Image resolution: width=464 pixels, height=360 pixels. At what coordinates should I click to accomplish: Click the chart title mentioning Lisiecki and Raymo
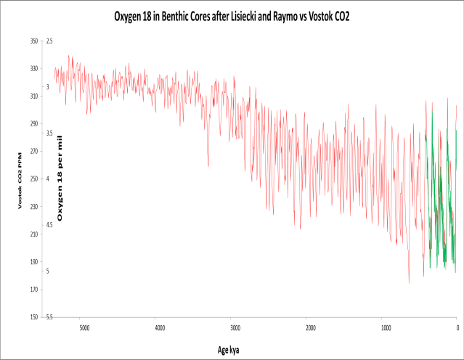click(x=232, y=15)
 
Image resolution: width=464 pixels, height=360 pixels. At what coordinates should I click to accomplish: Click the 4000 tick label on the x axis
click(x=158, y=327)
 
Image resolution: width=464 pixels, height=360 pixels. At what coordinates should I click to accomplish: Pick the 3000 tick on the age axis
click(x=234, y=327)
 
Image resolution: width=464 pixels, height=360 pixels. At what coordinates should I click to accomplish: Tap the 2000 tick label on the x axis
click(x=309, y=327)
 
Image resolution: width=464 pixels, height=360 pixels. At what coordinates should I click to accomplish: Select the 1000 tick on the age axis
click(x=383, y=327)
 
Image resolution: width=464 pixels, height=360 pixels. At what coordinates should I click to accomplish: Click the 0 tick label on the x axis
click(x=457, y=327)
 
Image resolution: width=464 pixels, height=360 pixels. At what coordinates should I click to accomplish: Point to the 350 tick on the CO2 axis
click(x=33, y=41)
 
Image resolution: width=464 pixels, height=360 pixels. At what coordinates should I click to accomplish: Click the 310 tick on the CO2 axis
click(x=33, y=97)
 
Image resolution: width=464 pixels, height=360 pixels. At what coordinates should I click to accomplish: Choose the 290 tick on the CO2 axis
click(x=33, y=124)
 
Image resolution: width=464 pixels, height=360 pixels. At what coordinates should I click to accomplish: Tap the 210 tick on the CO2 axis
click(x=33, y=234)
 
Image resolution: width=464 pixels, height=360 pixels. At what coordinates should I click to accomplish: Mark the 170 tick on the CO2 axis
click(x=33, y=290)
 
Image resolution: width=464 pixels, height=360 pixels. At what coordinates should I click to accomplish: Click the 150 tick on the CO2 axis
click(x=33, y=317)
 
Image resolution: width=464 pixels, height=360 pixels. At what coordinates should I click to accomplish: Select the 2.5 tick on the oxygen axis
click(x=50, y=41)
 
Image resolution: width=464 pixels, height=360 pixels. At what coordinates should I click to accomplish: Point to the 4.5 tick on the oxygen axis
click(x=50, y=225)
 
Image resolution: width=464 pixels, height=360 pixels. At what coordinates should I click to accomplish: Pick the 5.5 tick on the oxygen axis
click(x=50, y=317)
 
